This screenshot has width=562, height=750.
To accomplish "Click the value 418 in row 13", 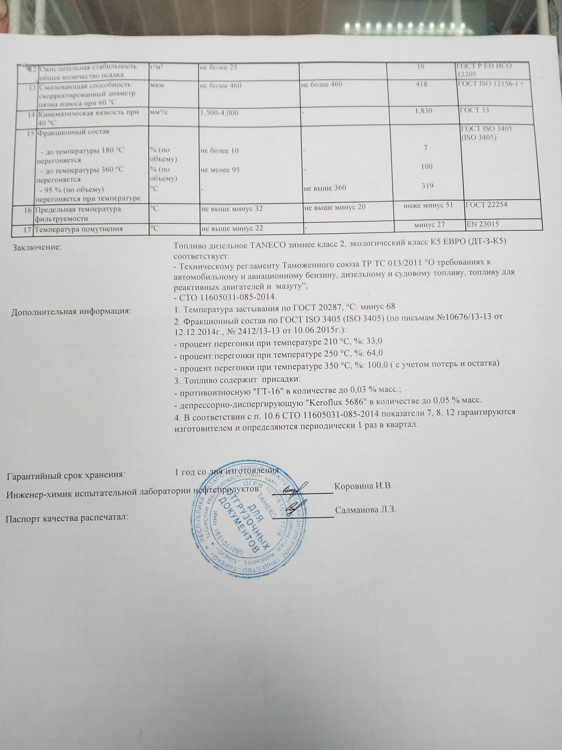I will tap(422, 84).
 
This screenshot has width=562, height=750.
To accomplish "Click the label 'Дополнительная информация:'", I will tap(71, 311).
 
